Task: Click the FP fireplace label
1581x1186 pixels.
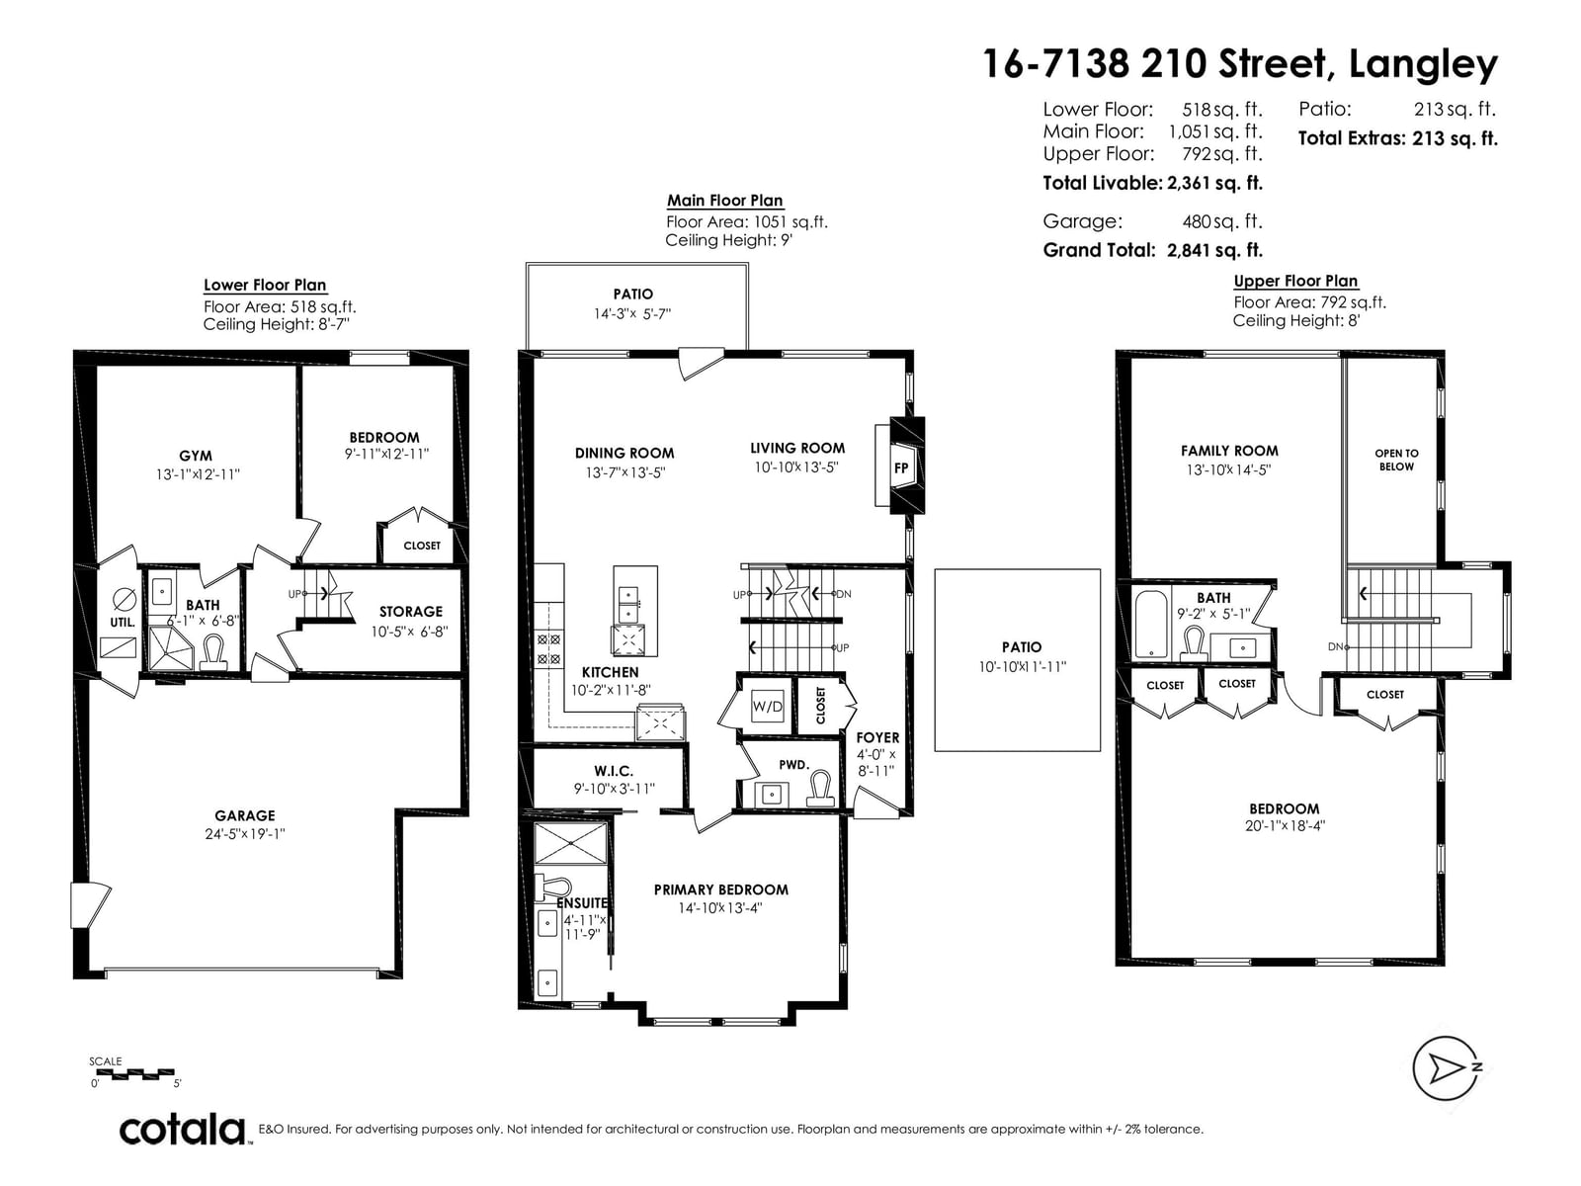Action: (900, 467)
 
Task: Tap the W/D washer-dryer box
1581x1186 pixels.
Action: (767, 706)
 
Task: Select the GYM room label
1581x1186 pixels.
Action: (196, 456)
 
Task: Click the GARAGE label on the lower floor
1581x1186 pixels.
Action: (245, 816)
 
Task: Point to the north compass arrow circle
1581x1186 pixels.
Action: (1445, 1068)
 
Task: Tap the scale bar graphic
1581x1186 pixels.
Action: (134, 1073)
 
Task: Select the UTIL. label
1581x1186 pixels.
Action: (123, 623)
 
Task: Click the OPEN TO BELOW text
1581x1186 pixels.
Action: (1396, 461)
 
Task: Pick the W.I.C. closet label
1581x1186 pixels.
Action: (614, 771)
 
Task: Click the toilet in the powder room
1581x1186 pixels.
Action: (820, 790)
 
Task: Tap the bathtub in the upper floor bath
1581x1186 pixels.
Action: (1151, 625)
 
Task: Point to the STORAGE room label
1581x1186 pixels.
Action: (411, 612)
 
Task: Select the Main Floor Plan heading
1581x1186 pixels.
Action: (724, 201)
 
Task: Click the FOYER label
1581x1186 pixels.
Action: (877, 737)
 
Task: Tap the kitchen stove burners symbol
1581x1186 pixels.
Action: (548, 648)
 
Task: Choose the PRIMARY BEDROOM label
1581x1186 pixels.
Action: (721, 890)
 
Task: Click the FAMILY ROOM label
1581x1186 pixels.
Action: (1229, 451)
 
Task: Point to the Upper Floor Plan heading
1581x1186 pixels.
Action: (1295, 281)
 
